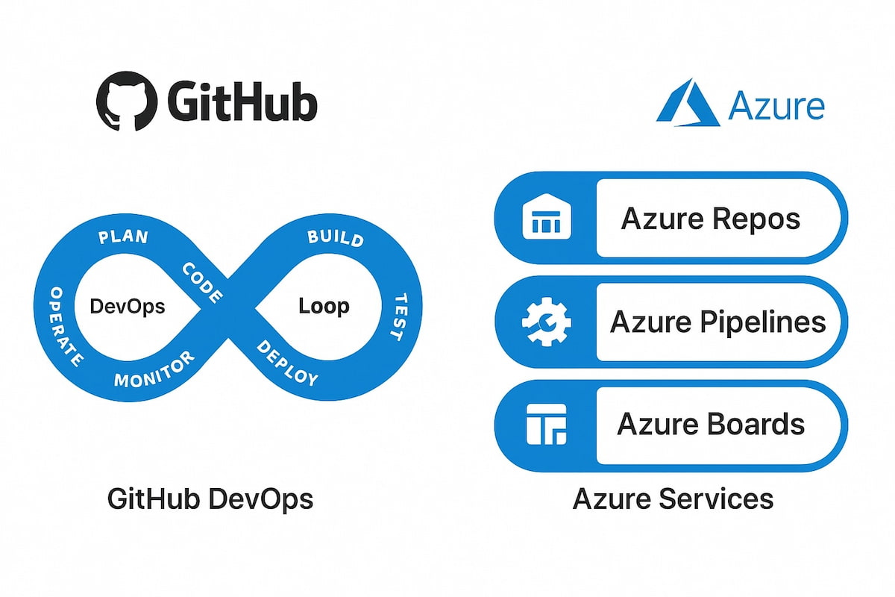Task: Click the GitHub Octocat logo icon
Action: pyautogui.click(x=127, y=101)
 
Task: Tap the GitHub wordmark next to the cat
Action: pyautogui.click(x=242, y=101)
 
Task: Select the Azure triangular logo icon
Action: pyautogui.click(x=688, y=102)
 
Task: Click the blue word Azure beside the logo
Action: pyautogui.click(x=776, y=105)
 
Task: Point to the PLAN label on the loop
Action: pyautogui.click(x=124, y=237)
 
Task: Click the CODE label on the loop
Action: pyautogui.click(x=202, y=283)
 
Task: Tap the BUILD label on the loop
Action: pyautogui.click(x=336, y=238)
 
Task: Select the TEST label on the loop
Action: pyautogui.click(x=400, y=317)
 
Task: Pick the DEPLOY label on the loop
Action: pyautogui.click(x=287, y=363)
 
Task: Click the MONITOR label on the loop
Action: pyautogui.click(x=154, y=369)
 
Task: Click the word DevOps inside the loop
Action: pyautogui.click(x=128, y=307)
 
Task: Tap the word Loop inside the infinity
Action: pyautogui.click(x=324, y=307)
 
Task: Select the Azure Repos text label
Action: pyautogui.click(x=711, y=219)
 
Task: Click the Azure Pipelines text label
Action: pyautogui.click(x=718, y=322)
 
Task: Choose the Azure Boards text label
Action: pyautogui.click(x=711, y=424)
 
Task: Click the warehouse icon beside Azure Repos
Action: pyautogui.click(x=547, y=216)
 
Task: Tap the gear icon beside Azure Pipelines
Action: pyautogui.click(x=547, y=322)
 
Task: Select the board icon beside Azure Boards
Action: pyautogui.click(x=547, y=425)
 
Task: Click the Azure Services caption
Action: pyautogui.click(x=673, y=499)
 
